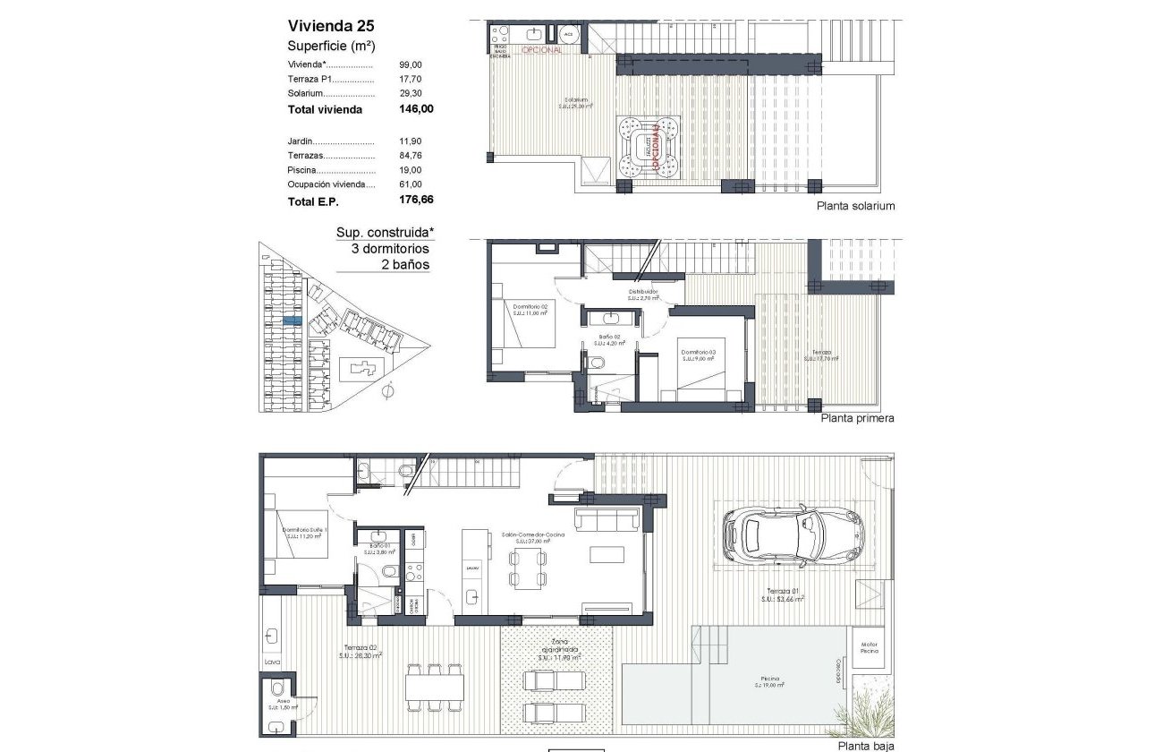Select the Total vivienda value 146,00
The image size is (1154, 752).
tap(416, 109)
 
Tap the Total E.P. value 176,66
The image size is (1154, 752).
tap(416, 201)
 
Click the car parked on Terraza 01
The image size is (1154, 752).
tap(793, 536)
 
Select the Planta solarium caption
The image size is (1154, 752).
tap(855, 206)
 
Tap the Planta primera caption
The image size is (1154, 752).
tap(857, 418)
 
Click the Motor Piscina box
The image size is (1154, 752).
tap(870, 646)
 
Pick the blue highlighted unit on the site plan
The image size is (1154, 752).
tap(293, 319)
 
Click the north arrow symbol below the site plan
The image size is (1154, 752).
tap(387, 390)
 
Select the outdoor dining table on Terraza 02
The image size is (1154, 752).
tap(435, 687)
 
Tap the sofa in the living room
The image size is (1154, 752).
tap(607, 519)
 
